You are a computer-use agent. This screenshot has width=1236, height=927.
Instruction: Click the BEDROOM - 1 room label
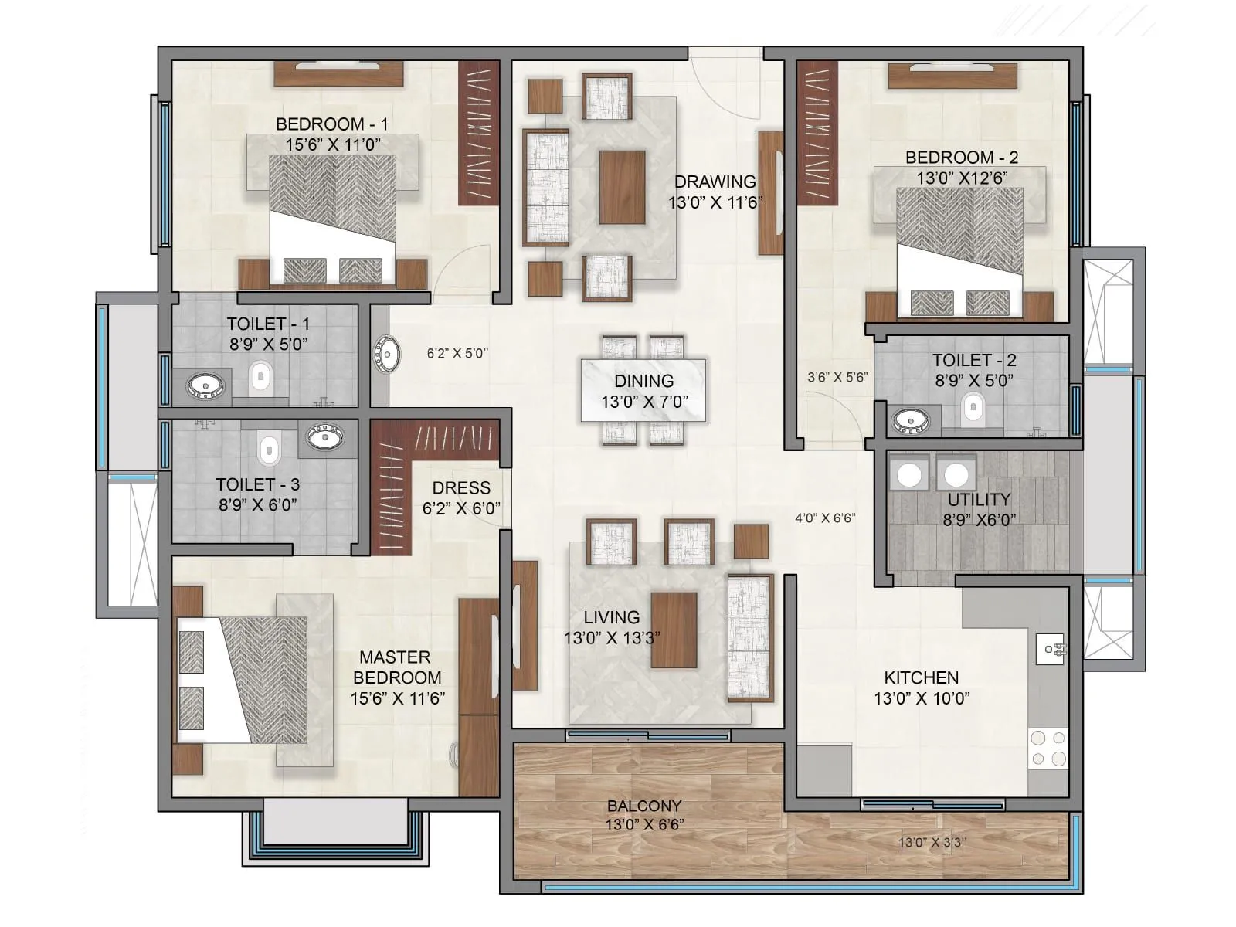point(332,124)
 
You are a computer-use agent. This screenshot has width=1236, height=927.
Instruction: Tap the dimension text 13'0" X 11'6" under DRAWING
point(715,202)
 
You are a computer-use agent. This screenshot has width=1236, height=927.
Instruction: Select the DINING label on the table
point(643,381)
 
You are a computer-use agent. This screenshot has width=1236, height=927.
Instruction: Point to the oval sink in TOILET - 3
point(325,437)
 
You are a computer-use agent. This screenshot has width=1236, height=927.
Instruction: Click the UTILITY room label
point(979,499)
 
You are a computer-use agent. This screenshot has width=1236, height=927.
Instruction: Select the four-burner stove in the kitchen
point(1048,748)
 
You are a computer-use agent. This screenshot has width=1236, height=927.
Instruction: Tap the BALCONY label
point(643,806)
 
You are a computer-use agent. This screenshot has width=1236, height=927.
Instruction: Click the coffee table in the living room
point(674,630)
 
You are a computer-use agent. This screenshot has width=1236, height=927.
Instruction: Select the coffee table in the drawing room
point(622,187)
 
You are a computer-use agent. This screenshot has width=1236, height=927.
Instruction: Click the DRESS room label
point(461,488)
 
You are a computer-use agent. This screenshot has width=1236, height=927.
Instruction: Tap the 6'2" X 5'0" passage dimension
point(457,354)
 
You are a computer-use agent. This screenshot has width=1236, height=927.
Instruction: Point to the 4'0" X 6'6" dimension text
point(825,518)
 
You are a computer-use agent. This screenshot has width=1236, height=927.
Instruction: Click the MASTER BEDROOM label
point(396,667)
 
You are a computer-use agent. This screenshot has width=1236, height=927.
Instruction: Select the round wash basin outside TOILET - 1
point(386,355)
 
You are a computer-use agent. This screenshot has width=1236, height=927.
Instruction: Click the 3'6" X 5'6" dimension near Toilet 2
point(837,378)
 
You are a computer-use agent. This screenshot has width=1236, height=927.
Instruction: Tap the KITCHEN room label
point(921,677)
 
